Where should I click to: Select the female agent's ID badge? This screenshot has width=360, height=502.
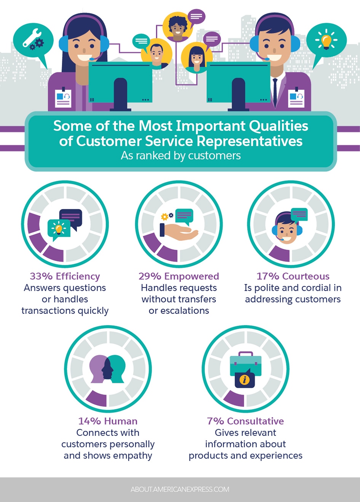[63, 97]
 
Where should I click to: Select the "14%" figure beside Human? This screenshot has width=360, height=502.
[90, 421]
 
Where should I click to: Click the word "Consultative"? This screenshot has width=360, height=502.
[255, 421]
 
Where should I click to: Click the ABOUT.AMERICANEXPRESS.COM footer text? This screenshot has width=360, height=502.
[180, 489]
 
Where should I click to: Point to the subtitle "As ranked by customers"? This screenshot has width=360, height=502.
[181, 156]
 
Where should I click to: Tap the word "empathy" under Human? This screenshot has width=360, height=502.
[134, 456]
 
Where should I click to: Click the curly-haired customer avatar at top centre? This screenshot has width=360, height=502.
[177, 27]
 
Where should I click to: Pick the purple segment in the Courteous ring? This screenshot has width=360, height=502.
[280, 254]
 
